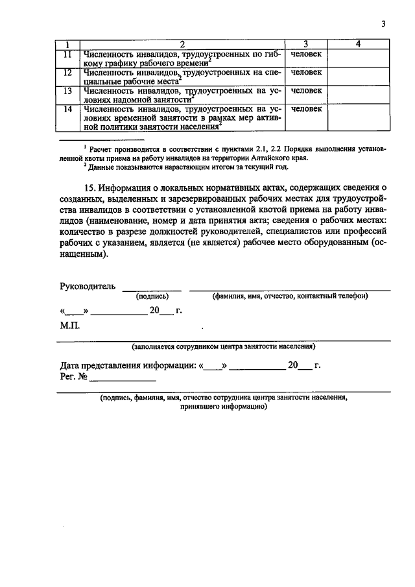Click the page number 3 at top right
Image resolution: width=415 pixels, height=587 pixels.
point(383,24)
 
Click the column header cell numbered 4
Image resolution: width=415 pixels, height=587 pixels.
point(359,43)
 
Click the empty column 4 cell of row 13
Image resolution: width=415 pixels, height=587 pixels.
point(359,95)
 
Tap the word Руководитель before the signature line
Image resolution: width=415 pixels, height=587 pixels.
point(88,286)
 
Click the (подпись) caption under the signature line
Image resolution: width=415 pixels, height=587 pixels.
point(152,296)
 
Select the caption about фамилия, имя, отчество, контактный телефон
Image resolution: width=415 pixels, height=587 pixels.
point(290,296)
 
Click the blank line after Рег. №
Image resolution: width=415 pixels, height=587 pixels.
point(123,377)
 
